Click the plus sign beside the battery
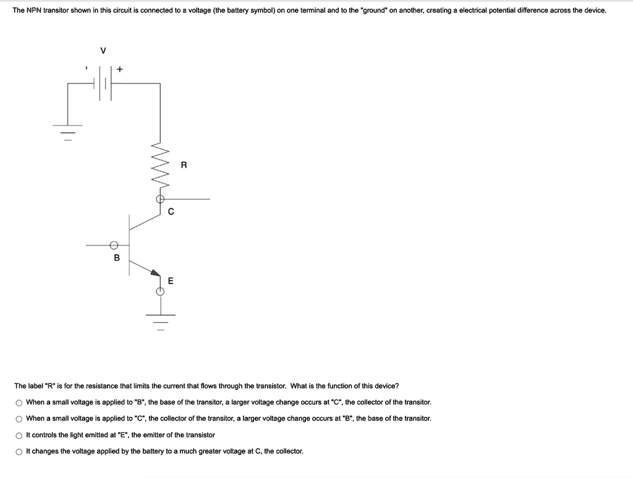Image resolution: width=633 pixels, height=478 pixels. pyautogui.click(x=120, y=70)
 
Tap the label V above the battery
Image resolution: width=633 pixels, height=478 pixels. pyautogui.click(x=103, y=51)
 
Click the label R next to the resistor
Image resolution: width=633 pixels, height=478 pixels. pyautogui.click(x=184, y=165)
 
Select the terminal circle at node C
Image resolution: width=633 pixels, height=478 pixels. pyautogui.click(x=160, y=199)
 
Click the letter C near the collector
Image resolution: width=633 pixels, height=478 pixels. pyautogui.click(x=171, y=211)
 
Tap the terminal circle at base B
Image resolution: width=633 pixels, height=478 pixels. pyautogui.click(x=114, y=245)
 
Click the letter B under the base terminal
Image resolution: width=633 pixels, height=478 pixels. pyautogui.click(x=116, y=257)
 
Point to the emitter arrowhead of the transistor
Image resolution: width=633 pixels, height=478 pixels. pyautogui.click(x=155, y=271)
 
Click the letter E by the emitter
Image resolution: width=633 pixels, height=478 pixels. pyautogui.click(x=171, y=281)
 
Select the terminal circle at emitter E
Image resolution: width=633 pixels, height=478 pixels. pyautogui.click(x=160, y=291)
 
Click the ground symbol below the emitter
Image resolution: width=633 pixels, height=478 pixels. pyautogui.click(x=160, y=319)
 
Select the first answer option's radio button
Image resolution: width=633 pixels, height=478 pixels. pyautogui.click(x=19, y=403)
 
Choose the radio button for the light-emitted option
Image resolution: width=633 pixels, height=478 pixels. pyautogui.click(x=19, y=435)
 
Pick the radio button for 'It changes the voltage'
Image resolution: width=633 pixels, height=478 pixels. pyautogui.click(x=19, y=451)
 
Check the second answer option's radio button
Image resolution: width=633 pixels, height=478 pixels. pyautogui.click(x=19, y=419)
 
